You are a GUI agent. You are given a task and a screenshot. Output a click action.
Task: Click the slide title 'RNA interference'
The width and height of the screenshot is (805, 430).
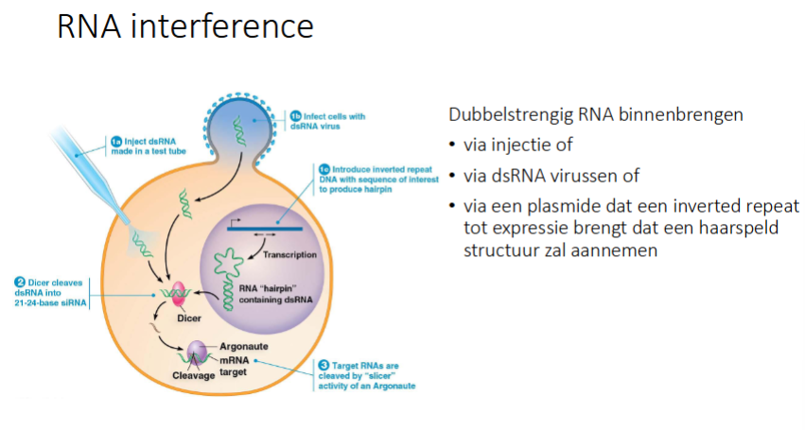tap(184, 26)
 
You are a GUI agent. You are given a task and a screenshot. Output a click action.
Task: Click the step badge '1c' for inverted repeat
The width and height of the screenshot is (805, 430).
tap(324, 169)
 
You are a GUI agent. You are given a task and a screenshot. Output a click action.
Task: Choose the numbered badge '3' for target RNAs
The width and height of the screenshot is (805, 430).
tap(324, 364)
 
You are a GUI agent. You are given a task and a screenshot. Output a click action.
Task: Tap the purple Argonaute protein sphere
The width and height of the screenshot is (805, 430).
tap(197, 354)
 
